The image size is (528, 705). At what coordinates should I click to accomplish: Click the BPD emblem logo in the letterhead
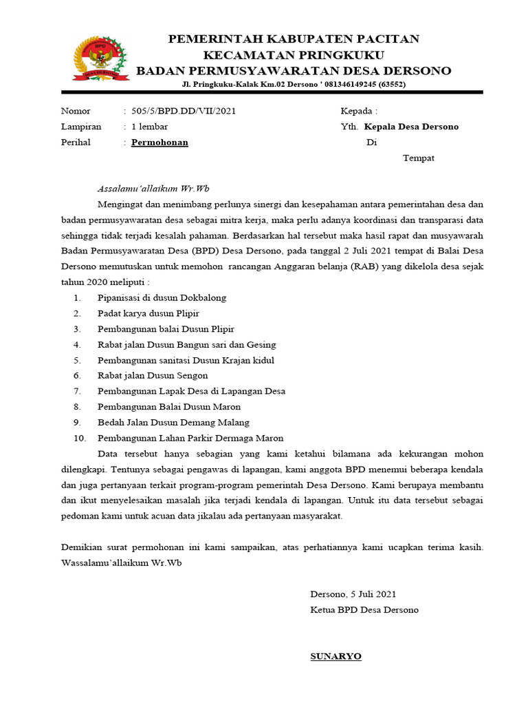tap(100, 58)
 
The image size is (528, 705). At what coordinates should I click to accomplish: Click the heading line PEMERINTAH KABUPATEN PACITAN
tap(294, 39)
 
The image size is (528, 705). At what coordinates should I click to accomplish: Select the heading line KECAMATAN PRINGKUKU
tap(294, 55)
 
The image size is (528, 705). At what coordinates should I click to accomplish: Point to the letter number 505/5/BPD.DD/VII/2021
tap(184, 111)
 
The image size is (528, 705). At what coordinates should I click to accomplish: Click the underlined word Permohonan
tap(159, 143)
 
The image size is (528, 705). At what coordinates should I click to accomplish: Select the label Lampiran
tap(81, 127)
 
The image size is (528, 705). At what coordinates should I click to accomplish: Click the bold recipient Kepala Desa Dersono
tap(411, 127)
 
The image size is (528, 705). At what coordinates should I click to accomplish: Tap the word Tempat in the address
tap(418, 158)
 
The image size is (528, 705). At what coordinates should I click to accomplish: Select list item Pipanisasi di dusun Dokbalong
tap(162, 298)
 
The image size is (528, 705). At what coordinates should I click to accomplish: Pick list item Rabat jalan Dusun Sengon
tap(153, 376)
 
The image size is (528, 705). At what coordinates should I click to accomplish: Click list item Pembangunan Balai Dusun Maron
tap(169, 407)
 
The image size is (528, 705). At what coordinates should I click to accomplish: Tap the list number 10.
tap(79, 439)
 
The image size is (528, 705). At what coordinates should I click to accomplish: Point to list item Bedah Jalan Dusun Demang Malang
tap(173, 423)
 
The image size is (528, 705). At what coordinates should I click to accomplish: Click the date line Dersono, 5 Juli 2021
tap(353, 594)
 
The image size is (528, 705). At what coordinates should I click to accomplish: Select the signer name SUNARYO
tap(335, 657)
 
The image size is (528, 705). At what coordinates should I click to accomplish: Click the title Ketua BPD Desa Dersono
tap(364, 610)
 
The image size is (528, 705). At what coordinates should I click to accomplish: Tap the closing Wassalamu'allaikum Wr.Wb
tap(122, 563)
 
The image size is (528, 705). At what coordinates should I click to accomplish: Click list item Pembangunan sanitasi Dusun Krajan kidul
tap(186, 360)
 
